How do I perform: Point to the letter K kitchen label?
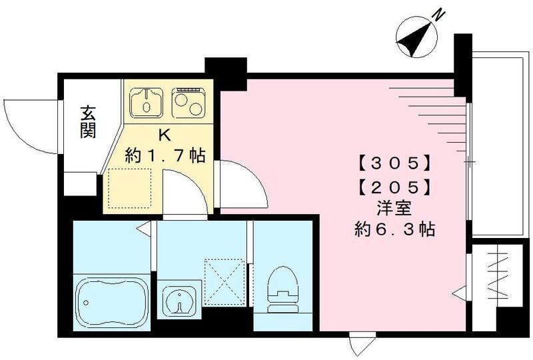click(164, 134)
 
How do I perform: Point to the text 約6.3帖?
click(395, 230)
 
